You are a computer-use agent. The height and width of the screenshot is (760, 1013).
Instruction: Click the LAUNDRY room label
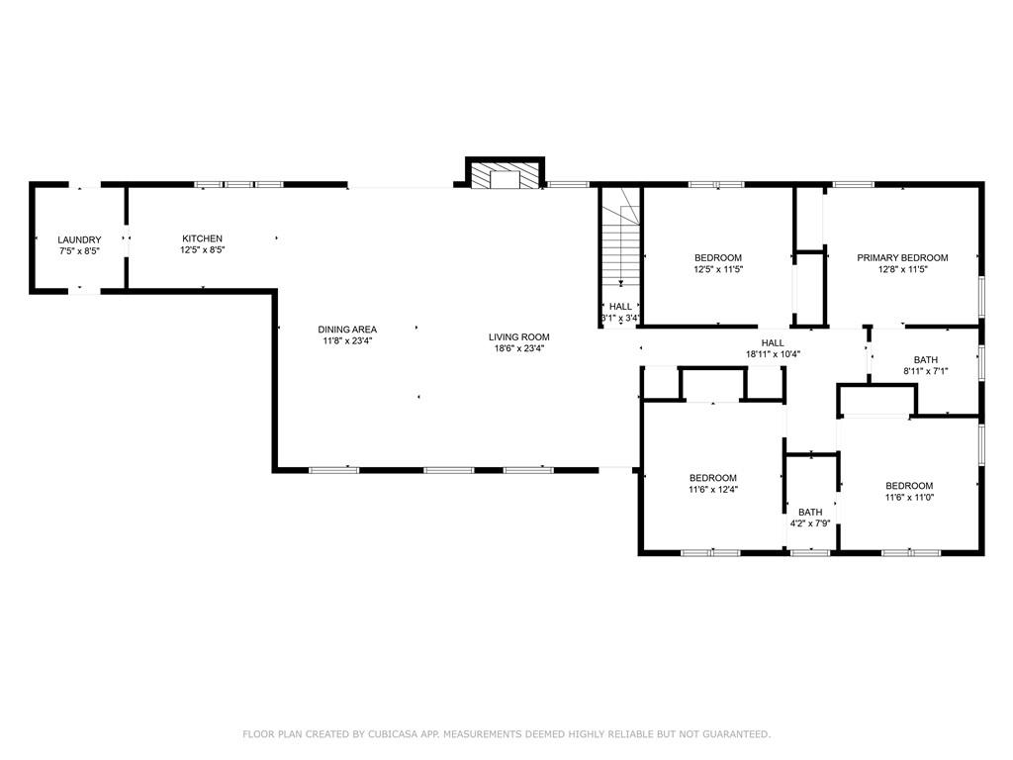tap(79, 239)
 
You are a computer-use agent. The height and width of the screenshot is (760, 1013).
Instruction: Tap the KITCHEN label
tap(202, 238)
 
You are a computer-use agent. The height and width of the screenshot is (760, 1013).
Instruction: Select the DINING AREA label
tap(347, 330)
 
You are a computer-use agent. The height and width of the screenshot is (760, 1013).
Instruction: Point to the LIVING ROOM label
tap(518, 336)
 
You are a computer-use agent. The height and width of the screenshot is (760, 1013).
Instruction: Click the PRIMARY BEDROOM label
tap(902, 257)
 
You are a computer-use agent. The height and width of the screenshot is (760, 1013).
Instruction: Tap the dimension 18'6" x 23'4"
tap(518, 348)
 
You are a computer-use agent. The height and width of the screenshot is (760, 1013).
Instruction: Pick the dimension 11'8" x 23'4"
tap(347, 341)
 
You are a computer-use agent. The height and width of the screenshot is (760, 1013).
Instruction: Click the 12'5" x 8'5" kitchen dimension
tap(202, 250)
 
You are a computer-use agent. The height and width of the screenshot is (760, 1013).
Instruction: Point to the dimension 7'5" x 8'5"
tap(79, 251)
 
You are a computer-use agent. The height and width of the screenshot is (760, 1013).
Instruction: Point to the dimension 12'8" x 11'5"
tap(902, 269)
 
